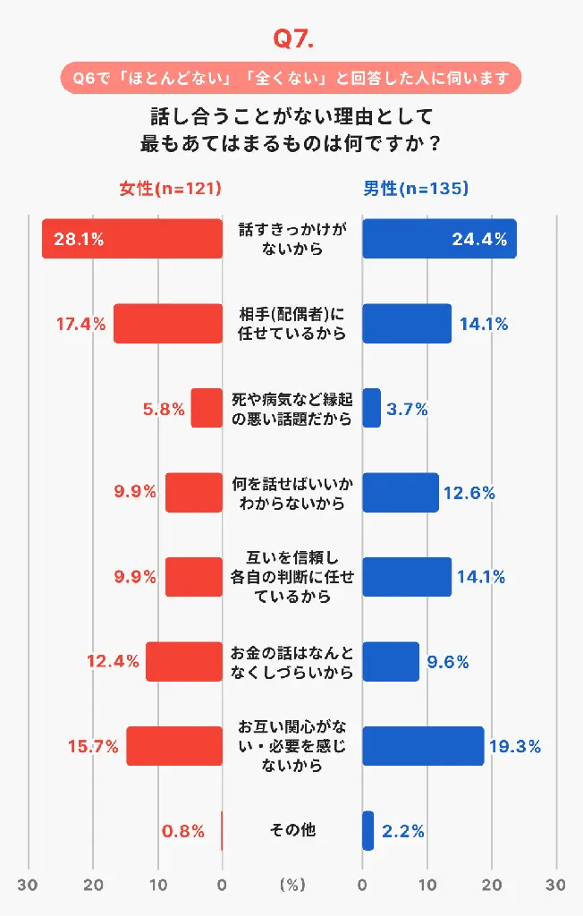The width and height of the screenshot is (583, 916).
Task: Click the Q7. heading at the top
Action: click(291, 40)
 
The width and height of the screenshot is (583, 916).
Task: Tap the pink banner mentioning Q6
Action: click(291, 78)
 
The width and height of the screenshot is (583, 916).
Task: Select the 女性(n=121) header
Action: click(170, 189)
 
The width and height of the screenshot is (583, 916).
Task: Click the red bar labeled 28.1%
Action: click(131, 239)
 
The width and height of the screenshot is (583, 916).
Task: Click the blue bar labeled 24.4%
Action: click(439, 239)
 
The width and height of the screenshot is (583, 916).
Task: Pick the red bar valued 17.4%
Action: click(168, 324)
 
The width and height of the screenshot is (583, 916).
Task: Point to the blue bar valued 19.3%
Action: click(423, 746)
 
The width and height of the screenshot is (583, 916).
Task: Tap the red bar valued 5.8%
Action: click(207, 408)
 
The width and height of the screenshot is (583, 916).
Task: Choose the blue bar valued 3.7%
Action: click(371, 408)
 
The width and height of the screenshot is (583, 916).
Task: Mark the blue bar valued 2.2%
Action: click(368, 830)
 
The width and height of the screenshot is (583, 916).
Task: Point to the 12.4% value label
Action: click(113, 662)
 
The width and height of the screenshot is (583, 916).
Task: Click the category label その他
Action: click(292, 830)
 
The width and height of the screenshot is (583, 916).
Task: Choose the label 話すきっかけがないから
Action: click(292, 239)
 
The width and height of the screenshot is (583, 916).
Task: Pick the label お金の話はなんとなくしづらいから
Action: click(292, 662)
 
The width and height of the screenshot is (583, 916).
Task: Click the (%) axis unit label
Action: click(292, 885)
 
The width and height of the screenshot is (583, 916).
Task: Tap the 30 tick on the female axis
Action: click(30, 885)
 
